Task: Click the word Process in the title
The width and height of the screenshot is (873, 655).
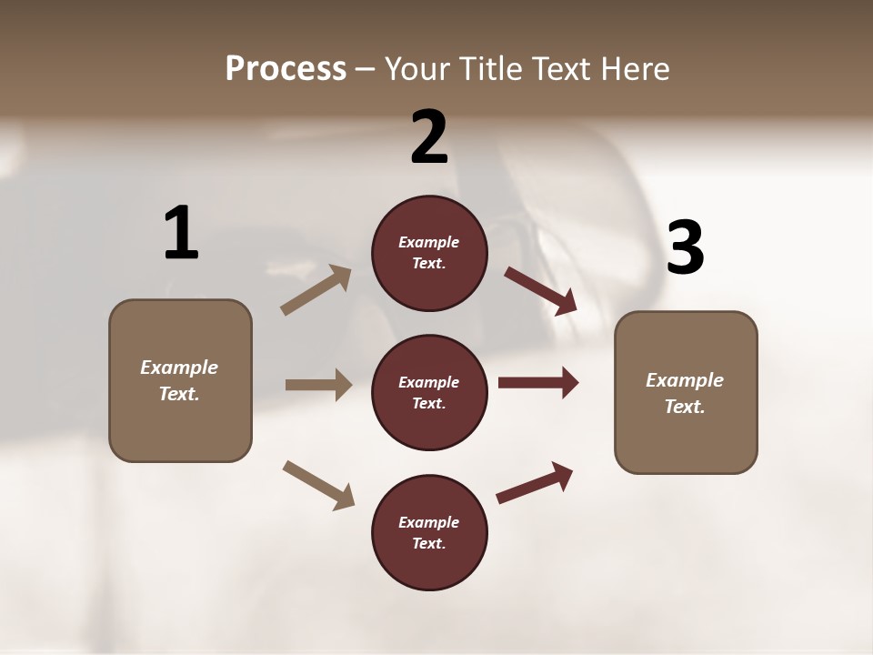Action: tap(286, 69)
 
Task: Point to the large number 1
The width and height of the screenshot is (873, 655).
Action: tap(181, 233)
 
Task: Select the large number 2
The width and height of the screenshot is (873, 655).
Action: tap(429, 136)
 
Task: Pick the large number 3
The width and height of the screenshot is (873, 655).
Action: tap(686, 248)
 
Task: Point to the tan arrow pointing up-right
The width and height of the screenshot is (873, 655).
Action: tap(316, 290)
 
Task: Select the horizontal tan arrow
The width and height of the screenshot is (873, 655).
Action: tap(318, 385)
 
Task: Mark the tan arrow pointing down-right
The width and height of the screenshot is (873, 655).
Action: tap(318, 485)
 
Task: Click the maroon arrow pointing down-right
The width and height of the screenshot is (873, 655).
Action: tap(541, 291)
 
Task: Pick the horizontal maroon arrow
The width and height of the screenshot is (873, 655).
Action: tap(538, 383)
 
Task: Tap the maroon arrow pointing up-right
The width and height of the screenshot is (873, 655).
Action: tap(535, 482)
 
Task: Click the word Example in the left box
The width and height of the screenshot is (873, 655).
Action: tap(179, 368)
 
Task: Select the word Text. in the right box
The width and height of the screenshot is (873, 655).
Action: tap(685, 407)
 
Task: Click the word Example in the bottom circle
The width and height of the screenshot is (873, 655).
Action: tap(429, 522)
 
